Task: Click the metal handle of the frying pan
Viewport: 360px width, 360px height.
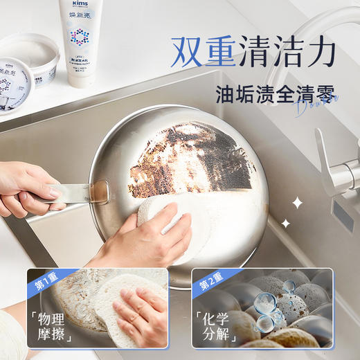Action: [76, 196]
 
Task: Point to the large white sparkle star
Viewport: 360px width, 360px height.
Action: [297, 203]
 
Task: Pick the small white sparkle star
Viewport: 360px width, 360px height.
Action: [285, 223]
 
